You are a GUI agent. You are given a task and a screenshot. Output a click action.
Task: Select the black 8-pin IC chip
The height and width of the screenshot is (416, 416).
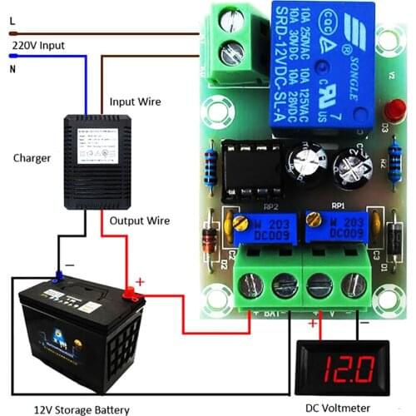(x=255, y=160)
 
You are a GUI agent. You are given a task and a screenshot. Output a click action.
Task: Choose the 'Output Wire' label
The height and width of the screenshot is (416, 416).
(x=139, y=220)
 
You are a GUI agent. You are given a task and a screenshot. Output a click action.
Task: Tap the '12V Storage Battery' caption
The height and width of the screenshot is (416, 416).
(x=82, y=409)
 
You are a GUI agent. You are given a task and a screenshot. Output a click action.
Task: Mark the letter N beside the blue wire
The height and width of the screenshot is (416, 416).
(x=12, y=70)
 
